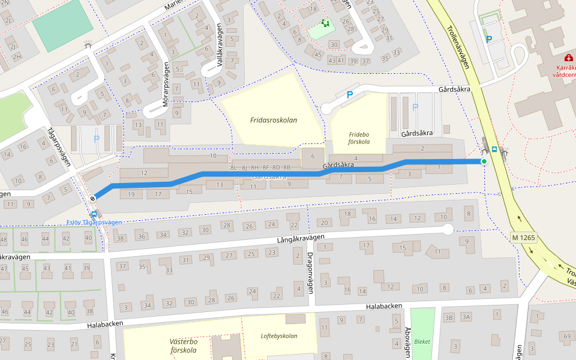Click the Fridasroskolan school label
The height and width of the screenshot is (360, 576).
[x=274, y=120]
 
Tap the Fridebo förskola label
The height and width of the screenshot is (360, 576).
[x=359, y=138]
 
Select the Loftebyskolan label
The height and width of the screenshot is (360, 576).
[x=279, y=336]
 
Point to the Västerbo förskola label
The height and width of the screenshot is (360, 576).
[x=184, y=346]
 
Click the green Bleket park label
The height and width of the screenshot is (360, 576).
[x=422, y=341]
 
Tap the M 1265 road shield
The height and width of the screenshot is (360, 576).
[x=523, y=237]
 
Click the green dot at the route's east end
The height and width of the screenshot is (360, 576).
[x=484, y=161]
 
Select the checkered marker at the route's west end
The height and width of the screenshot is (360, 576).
[x=93, y=199]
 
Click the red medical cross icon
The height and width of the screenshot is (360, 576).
[x=569, y=58]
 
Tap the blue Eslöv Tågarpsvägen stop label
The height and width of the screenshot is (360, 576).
[x=94, y=222]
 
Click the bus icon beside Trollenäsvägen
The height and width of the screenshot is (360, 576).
[x=494, y=149]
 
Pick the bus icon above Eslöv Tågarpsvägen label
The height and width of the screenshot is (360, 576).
[x=94, y=214]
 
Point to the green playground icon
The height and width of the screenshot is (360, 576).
[x=326, y=23]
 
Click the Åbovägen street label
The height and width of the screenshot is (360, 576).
[x=408, y=342]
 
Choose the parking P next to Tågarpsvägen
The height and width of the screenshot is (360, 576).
[x=96, y=139]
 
